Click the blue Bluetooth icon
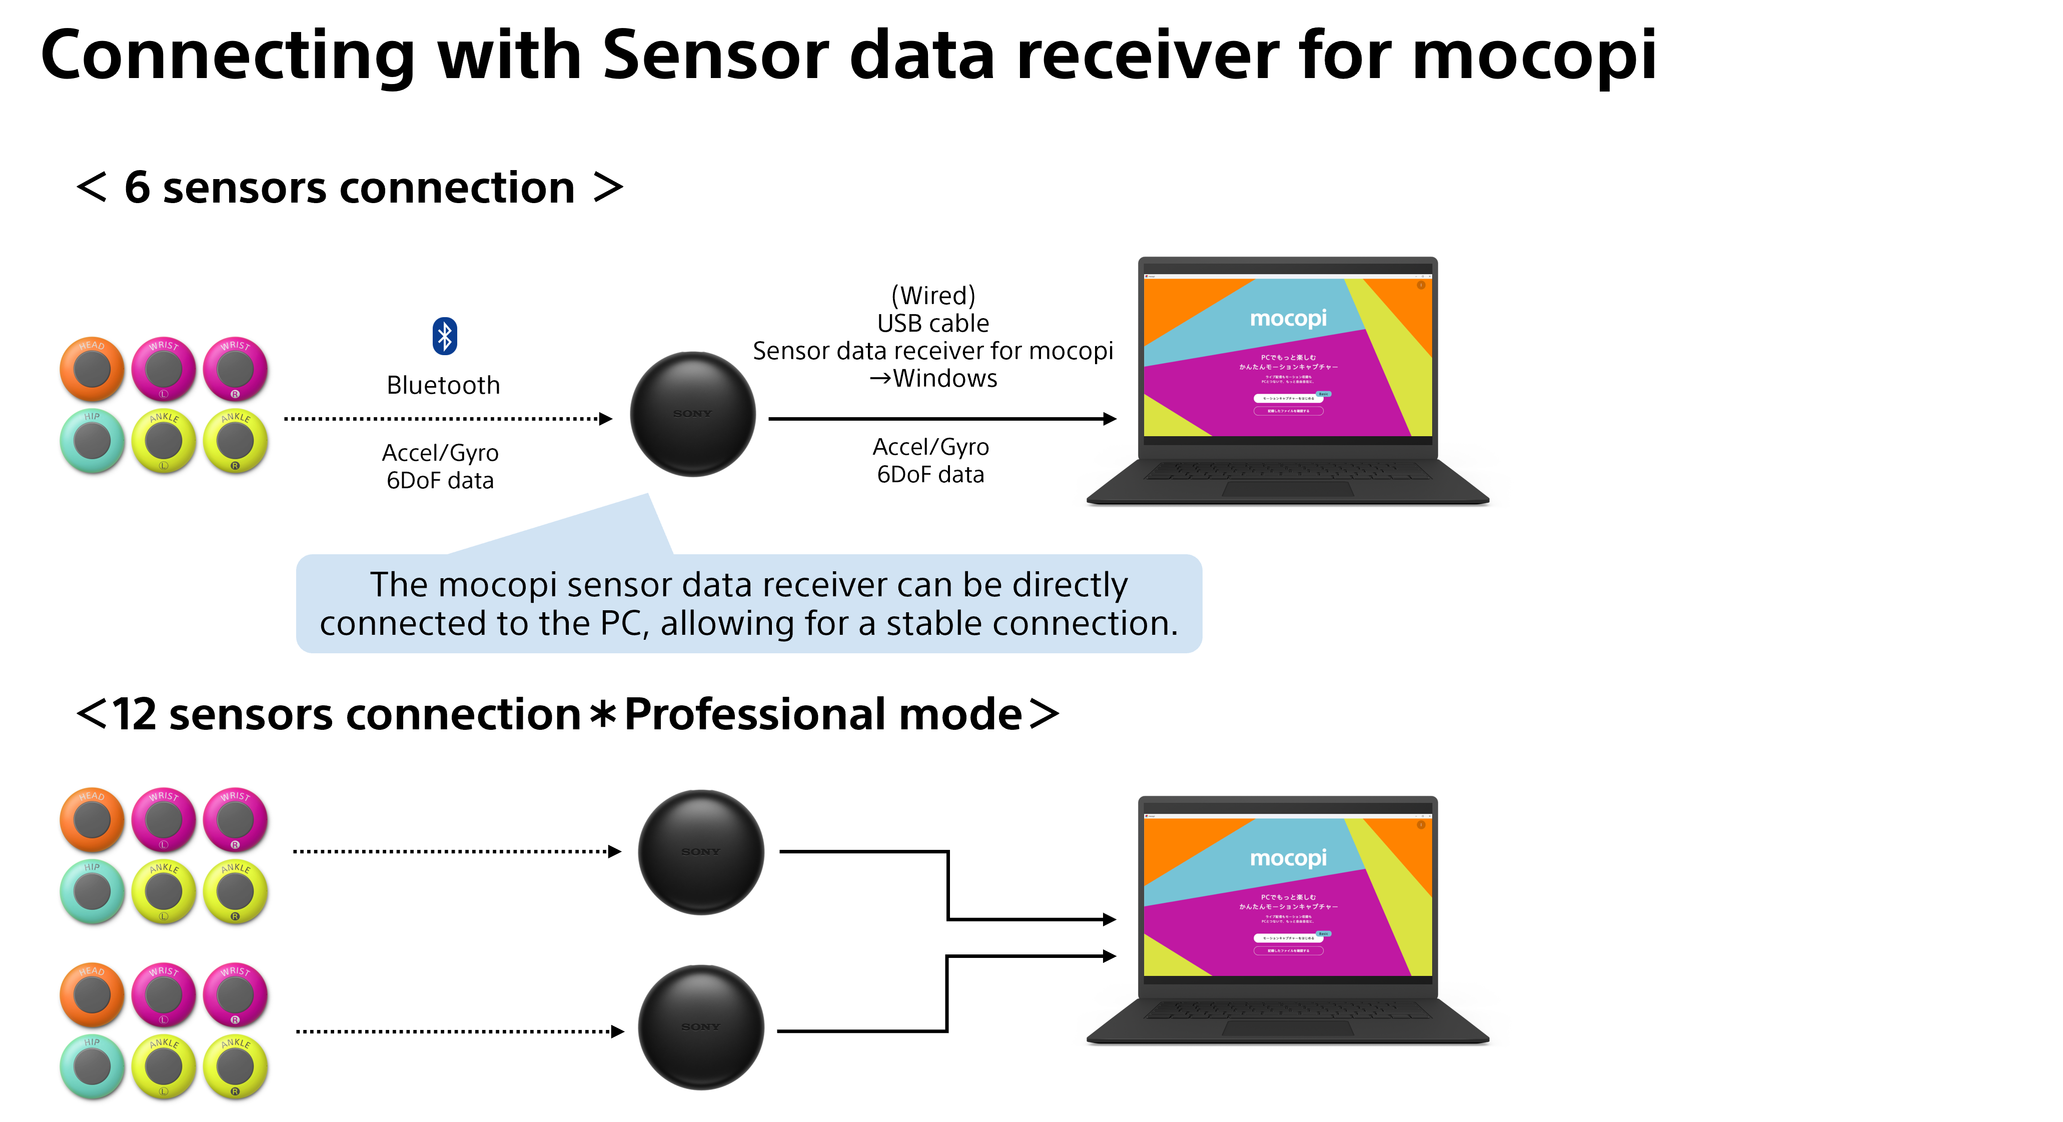[x=445, y=336]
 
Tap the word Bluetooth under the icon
[x=443, y=385]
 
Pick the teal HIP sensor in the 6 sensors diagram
[x=92, y=441]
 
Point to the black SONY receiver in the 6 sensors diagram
[x=693, y=414]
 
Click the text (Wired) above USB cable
[x=933, y=296]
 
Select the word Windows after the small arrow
[x=945, y=378]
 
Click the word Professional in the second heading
[x=822, y=714]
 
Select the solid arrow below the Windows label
[x=941, y=418]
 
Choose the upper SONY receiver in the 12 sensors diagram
[x=701, y=852]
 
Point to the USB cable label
[x=933, y=324]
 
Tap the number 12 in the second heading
[x=134, y=714]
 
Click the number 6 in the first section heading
[x=137, y=188]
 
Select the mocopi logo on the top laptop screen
[x=1288, y=318]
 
